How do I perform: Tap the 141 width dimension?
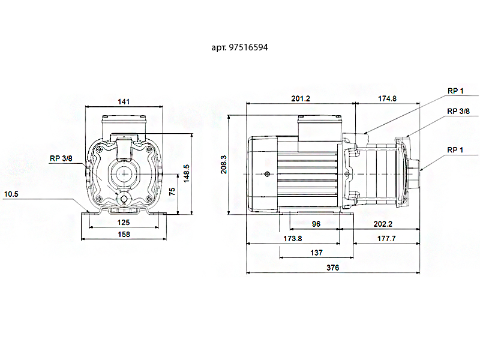click(124, 102)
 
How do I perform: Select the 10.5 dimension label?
click(11, 194)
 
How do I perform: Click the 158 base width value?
click(124, 235)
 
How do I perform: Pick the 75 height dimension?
click(172, 192)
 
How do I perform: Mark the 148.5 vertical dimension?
click(187, 174)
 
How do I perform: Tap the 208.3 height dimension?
click(224, 164)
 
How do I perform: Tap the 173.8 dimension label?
click(292, 238)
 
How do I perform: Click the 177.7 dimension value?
click(386, 238)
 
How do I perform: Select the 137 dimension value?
click(316, 253)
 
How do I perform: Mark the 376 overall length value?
click(333, 268)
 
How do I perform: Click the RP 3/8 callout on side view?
click(458, 112)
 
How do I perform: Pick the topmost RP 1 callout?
click(455, 91)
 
